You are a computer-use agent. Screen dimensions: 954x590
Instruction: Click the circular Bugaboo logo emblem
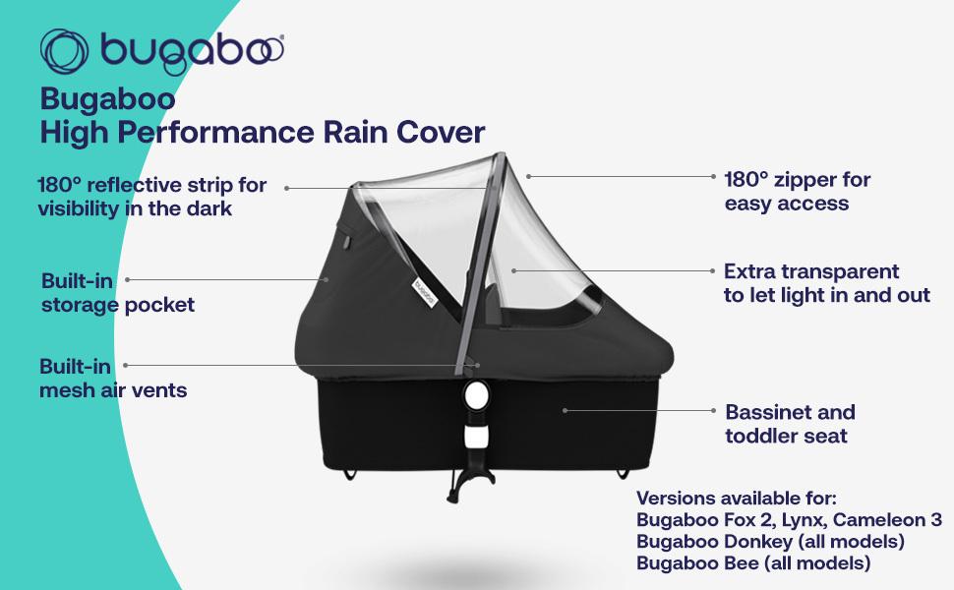64,52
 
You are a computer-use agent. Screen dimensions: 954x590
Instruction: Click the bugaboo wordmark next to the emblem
192,53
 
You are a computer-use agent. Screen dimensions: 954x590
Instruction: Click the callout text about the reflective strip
152,197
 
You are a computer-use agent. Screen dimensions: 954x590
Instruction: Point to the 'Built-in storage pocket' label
118,293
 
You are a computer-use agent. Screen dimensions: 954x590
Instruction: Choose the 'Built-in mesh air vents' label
113,378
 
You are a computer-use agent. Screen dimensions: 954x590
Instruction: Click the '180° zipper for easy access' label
797,191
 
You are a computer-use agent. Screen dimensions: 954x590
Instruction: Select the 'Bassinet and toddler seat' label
790,424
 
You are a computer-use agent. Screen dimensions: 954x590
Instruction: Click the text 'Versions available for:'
737,499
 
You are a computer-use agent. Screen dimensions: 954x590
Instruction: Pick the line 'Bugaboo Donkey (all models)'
770,541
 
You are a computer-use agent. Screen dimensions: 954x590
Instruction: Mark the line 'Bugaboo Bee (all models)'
753,562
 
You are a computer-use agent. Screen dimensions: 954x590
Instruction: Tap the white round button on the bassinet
475,396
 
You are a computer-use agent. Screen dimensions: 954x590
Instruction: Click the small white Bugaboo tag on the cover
425,292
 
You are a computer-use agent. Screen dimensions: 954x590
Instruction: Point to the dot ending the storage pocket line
327,280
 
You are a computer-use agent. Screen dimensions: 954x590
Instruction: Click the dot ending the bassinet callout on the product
565,411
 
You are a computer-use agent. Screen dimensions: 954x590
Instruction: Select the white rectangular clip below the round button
476,437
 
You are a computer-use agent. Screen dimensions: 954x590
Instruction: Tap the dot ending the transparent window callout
513,270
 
